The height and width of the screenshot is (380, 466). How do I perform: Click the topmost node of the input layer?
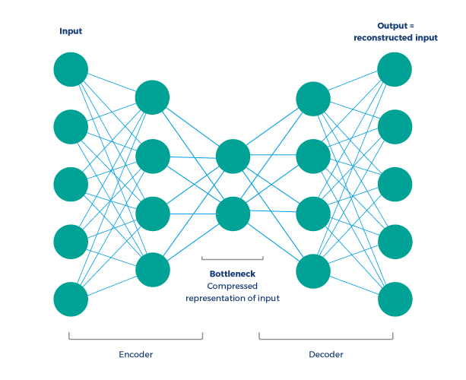71,69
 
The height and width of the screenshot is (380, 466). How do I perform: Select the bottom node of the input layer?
71,299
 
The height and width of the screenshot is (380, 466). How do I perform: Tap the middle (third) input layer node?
71,184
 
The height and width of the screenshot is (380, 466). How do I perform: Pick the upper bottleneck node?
233,157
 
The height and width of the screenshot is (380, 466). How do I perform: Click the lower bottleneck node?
233,214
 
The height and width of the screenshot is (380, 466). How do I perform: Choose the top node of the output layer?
395,69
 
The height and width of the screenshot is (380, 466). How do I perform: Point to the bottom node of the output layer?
395,299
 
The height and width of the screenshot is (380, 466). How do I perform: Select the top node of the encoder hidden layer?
152,97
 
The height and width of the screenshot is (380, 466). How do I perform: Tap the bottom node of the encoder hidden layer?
152,270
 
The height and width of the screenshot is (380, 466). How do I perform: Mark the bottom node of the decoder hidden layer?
312,270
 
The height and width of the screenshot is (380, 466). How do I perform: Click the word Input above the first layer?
71,31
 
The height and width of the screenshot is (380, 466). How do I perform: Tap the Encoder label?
135,354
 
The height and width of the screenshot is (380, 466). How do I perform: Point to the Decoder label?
325,354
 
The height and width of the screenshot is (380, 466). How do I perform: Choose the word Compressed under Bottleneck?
233,286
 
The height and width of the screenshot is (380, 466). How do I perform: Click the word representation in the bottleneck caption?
218,299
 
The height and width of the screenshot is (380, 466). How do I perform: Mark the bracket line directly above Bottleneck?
233,259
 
